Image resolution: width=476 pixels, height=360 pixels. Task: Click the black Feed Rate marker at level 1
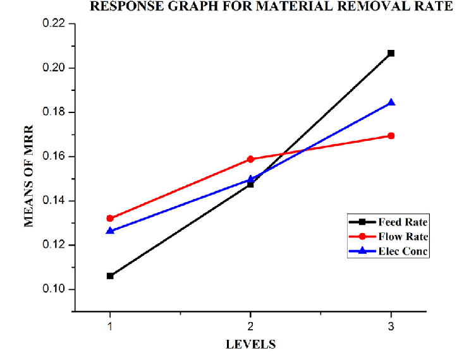click(110, 276)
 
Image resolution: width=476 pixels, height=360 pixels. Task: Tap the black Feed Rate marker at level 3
click(391, 53)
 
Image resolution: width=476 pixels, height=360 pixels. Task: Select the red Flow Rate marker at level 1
click(110, 219)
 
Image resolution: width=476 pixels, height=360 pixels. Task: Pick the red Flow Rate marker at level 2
click(250, 159)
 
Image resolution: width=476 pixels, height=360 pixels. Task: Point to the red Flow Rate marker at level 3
click(391, 136)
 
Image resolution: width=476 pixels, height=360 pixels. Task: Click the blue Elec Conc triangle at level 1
click(110, 231)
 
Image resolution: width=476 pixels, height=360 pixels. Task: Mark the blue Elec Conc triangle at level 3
click(391, 102)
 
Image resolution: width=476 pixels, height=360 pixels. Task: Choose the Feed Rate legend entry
click(403, 222)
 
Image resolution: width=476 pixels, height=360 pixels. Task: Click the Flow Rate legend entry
click(403, 237)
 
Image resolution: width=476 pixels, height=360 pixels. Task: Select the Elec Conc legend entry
click(403, 251)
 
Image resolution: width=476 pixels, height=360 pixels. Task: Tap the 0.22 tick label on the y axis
click(54, 24)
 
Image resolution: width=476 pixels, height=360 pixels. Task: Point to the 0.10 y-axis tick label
click(54, 289)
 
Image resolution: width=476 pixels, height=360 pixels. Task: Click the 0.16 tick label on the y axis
click(54, 157)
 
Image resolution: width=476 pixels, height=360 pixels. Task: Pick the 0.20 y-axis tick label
click(54, 68)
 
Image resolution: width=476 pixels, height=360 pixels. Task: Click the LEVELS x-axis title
click(251, 345)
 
